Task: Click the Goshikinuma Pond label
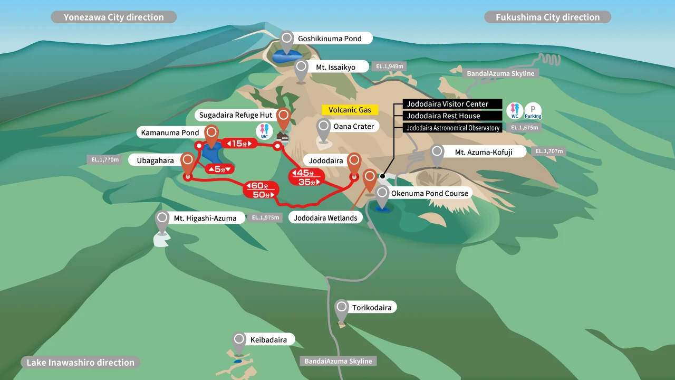[330, 39]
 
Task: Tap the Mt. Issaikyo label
[335, 67]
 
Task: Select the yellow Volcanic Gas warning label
[350, 110]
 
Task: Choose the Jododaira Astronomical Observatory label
[452, 128]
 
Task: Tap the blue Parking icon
[533, 111]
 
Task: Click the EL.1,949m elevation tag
[390, 66]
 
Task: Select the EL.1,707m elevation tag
[549, 151]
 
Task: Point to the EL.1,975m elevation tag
[265, 217]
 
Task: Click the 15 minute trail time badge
[239, 143]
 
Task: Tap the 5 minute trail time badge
[219, 169]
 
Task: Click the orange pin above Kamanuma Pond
[212, 134]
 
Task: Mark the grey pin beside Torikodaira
[342, 309]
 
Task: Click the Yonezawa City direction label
[113, 17]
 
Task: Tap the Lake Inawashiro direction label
[80, 363]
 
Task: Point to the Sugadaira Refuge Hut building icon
[283, 138]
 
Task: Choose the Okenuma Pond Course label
[429, 193]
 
